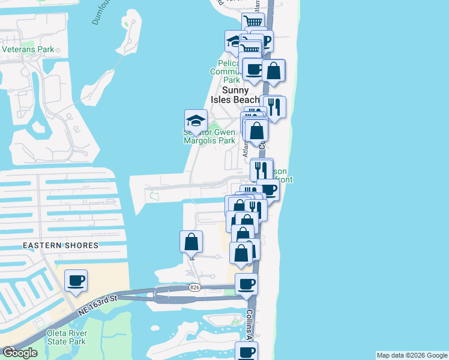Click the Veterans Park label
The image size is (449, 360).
pos(28,49)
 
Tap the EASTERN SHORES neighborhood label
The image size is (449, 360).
pos(61,245)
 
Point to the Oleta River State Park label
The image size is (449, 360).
pos(67,338)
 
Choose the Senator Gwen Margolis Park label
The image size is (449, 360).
pos(209,137)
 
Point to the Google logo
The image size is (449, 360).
pos(20,353)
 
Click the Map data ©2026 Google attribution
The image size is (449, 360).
pos(412,355)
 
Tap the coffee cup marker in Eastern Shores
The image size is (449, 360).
pos(76,281)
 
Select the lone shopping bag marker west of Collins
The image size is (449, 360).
pos(191,242)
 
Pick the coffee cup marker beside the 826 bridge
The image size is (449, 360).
pos(246,284)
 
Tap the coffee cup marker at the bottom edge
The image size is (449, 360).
pos(246,352)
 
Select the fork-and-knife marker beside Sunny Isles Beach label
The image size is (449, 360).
pos(274,107)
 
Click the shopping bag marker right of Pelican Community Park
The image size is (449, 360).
pos(273,70)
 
